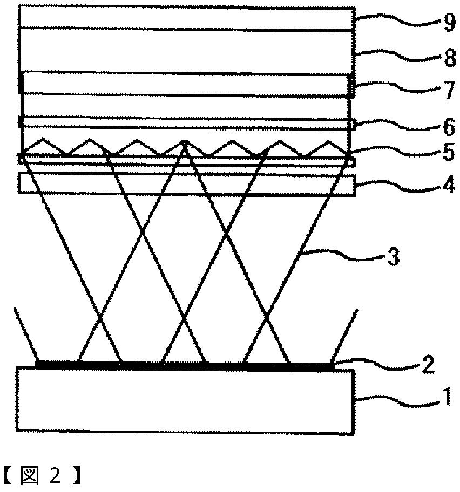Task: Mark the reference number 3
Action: click(x=393, y=257)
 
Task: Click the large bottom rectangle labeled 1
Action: click(x=186, y=400)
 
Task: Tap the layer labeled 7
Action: click(x=187, y=84)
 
